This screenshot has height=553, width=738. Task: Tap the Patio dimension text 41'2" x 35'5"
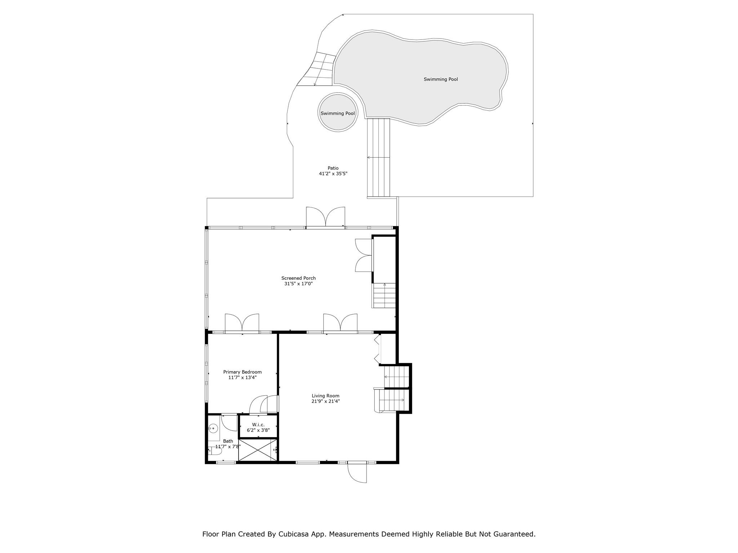333,174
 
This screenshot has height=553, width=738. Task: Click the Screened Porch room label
298,278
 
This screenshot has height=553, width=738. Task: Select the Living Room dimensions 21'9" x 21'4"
326,401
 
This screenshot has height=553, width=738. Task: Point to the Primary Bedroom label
243,372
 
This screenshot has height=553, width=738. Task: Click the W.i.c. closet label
258,425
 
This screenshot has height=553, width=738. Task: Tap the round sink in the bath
213,428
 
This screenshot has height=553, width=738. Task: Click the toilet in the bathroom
212,450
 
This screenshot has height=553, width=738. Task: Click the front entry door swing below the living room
357,472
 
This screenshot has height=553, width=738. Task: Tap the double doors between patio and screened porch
325,217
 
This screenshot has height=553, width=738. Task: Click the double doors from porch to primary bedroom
242,323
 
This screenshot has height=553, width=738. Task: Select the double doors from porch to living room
340,323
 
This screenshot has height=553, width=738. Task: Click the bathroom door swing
229,422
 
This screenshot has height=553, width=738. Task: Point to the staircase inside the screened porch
384,296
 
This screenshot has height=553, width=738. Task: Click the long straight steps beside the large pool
379,158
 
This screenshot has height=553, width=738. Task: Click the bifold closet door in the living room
377,349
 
